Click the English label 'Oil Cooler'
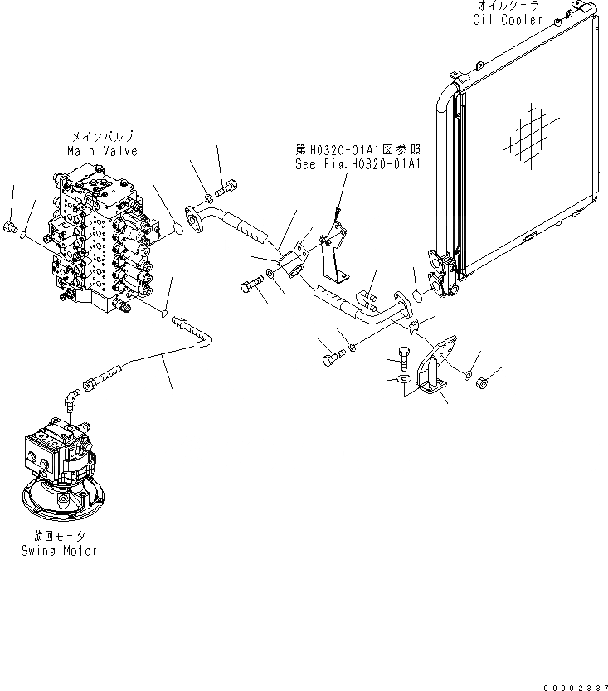point(508,20)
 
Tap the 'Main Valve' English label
point(102,151)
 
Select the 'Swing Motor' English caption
point(59,550)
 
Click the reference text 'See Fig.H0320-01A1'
point(359,164)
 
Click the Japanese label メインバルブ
point(102,137)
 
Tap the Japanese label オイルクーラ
point(508,6)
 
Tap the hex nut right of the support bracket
point(487,382)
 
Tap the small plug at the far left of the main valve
point(9,226)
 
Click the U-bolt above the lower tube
point(368,295)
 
